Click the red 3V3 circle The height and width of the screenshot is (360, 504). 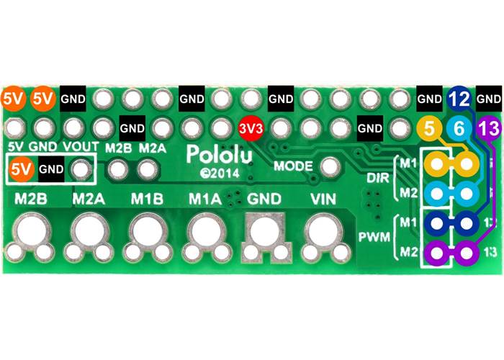click(x=252, y=128)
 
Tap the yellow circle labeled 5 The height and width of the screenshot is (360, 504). click(x=430, y=130)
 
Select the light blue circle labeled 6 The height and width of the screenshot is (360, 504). click(x=459, y=130)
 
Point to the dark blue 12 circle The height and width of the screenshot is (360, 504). click(x=460, y=99)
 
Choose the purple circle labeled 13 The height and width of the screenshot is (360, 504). click(x=489, y=129)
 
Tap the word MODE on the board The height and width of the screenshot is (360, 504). click(x=293, y=166)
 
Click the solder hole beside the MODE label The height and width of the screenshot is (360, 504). click(x=330, y=166)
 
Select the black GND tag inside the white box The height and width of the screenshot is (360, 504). click(x=51, y=171)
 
